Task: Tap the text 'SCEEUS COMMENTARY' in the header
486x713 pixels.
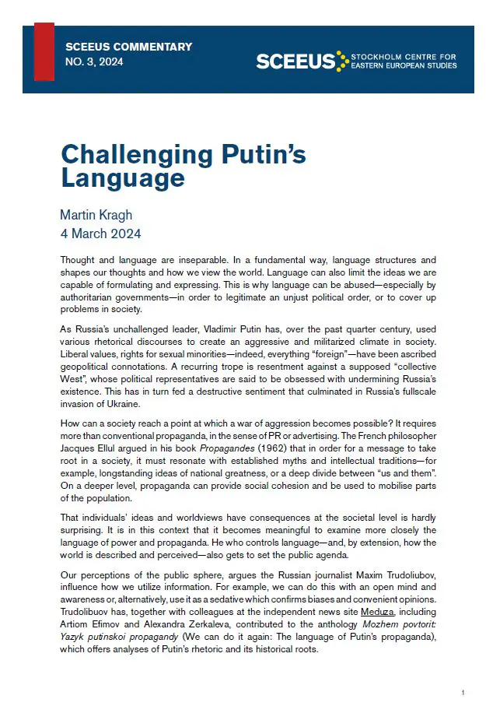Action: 128,47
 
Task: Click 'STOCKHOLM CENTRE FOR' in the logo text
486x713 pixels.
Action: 404,57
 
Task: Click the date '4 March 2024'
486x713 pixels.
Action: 100,233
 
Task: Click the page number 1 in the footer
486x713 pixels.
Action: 463,692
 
